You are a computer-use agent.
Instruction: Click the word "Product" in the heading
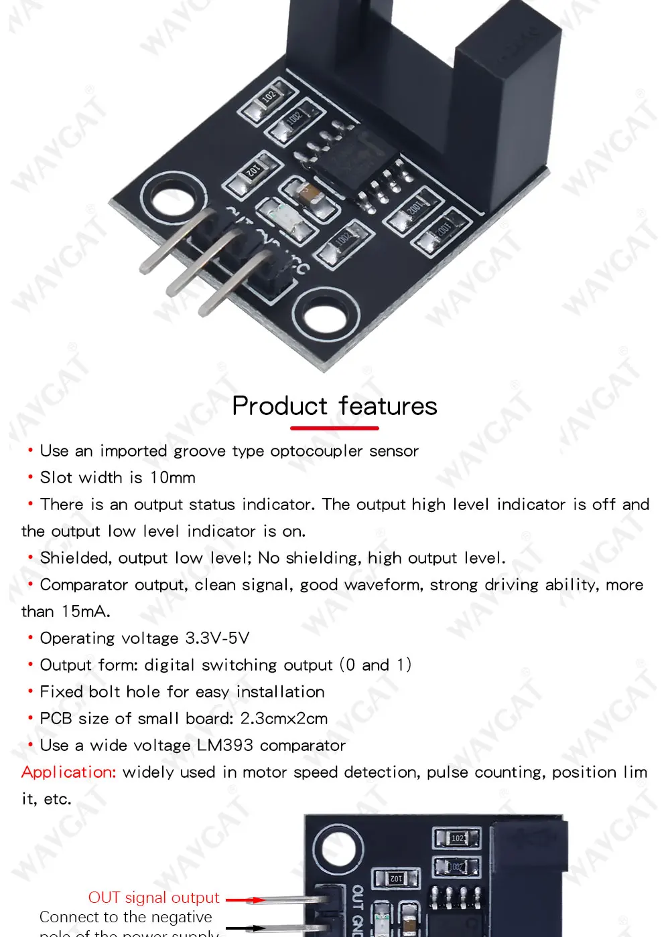coord(279,406)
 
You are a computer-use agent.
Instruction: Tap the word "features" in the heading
coord(388,406)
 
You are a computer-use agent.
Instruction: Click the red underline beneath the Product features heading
coord(334,428)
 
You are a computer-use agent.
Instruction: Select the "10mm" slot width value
coord(173,478)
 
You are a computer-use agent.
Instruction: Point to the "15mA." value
coord(86,612)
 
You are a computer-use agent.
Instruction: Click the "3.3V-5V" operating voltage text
coord(217,638)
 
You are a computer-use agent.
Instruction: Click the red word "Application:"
coord(69,772)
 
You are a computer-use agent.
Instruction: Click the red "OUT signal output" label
coord(154,898)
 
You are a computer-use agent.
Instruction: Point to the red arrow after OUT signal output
coord(245,900)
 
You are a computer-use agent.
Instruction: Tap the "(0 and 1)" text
coord(375,665)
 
